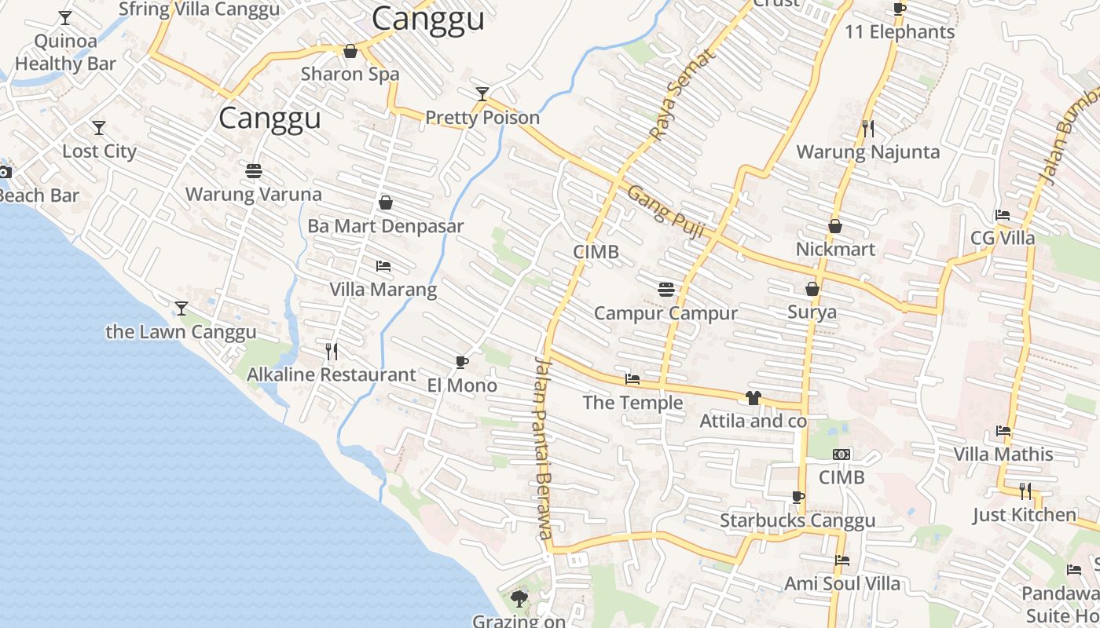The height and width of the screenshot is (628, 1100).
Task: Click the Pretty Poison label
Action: (x=482, y=118)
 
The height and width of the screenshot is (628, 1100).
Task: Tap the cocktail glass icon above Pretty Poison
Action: (x=482, y=95)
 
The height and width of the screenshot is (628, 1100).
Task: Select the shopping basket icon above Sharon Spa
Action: (x=350, y=51)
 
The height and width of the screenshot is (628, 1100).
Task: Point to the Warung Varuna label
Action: (x=253, y=194)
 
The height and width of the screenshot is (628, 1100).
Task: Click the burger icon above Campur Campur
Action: (x=666, y=290)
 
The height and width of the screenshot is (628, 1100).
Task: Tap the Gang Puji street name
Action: (x=665, y=211)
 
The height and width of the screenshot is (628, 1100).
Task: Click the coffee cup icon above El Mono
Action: (x=462, y=362)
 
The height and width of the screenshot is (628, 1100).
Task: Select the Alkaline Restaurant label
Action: (x=331, y=374)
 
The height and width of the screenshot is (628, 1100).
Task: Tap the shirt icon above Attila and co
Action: (x=753, y=398)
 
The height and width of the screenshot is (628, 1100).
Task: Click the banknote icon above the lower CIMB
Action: (x=841, y=455)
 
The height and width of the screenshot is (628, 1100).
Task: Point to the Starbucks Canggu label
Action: (x=797, y=520)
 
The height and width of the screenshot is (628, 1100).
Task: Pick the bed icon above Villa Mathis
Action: (x=1003, y=431)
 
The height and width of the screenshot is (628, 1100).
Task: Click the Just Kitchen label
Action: (x=1025, y=515)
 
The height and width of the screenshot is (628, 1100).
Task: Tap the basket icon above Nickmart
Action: (x=835, y=226)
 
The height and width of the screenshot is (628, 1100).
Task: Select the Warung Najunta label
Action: (x=867, y=152)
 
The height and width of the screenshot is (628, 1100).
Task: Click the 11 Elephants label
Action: (x=900, y=32)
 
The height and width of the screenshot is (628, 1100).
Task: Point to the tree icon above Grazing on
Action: (x=519, y=599)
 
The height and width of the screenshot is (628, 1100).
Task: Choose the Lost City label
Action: (x=99, y=151)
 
